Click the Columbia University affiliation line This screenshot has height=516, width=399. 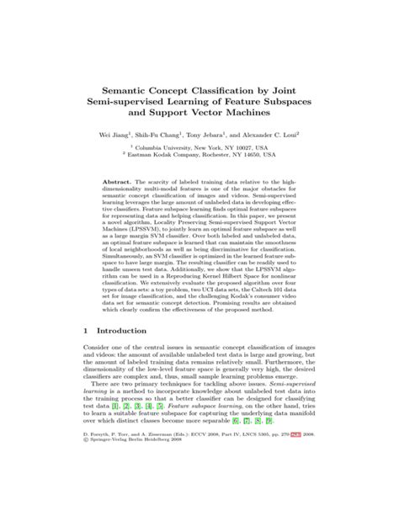point(202,147)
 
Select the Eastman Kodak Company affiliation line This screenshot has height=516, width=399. point(202,156)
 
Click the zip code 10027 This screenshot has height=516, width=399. point(249,147)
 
